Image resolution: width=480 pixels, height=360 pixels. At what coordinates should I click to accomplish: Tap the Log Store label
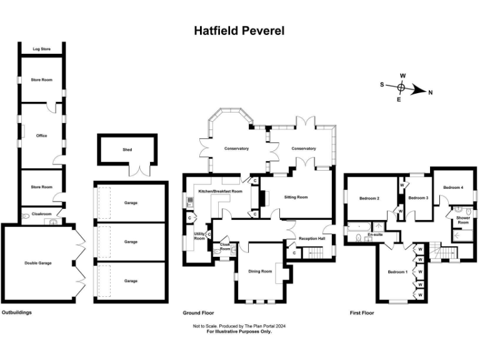pos(41,49)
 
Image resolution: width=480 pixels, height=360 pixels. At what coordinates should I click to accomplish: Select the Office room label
pos(41,136)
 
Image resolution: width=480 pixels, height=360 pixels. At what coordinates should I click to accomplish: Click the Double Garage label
pos(38,263)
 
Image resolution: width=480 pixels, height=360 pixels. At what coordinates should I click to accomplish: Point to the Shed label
pos(127,149)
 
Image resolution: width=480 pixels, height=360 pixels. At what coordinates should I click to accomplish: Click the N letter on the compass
pos(430,92)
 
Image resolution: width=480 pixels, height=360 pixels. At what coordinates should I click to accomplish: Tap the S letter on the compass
pos(382,84)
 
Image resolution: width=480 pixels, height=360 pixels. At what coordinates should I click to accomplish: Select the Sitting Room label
pos(296,197)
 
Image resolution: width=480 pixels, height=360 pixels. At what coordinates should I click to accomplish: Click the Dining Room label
pos(260,271)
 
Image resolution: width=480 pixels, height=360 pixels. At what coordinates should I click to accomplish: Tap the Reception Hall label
pos(312,239)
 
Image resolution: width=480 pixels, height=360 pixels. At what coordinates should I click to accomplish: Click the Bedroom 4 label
pos(453,187)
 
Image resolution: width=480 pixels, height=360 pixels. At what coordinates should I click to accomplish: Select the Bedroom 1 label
pos(397,272)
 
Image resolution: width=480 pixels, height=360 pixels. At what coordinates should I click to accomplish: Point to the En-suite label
pos(375,234)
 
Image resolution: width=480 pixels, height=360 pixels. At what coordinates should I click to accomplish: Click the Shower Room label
pos(463,220)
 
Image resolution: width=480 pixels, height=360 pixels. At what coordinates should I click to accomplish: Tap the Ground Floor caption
pos(199,312)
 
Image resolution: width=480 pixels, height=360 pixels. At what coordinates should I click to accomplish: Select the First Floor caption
pos(362,312)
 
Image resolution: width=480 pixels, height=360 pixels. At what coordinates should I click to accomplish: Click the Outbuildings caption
pos(17,312)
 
